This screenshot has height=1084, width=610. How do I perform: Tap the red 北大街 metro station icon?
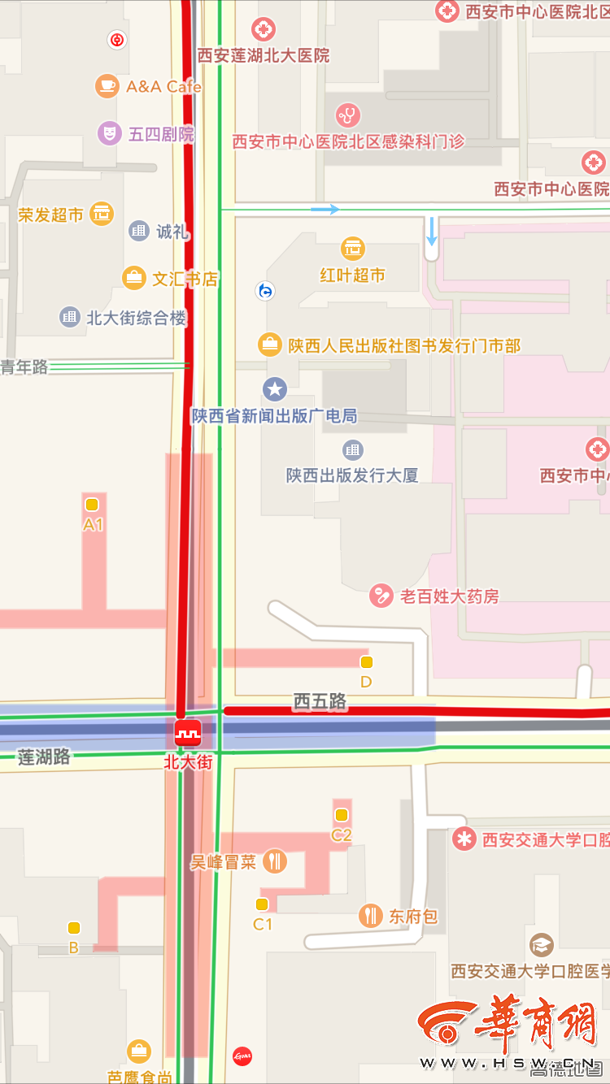click(189, 734)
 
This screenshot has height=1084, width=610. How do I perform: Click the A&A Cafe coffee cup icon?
click(107, 85)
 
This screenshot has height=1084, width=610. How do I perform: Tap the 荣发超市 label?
click(50, 215)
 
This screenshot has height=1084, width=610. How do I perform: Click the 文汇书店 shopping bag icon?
click(133, 278)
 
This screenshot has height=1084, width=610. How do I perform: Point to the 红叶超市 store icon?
click(353, 248)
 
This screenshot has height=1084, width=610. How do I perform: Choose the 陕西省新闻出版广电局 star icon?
click(275, 389)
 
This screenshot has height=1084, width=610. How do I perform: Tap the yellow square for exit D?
click(366, 662)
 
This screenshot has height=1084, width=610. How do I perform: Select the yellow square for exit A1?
click(92, 504)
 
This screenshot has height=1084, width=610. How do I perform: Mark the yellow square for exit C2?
click(342, 814)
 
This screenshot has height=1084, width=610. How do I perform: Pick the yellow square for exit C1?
click(262, 904)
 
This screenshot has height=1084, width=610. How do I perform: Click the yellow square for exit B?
click(74, 928)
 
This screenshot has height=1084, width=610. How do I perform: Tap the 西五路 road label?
click(320, 700)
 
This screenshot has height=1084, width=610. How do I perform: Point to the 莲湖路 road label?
click(45, 757)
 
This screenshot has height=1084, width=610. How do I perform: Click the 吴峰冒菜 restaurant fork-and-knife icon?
click(276, 861)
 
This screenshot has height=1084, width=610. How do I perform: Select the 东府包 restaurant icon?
click(371, 916)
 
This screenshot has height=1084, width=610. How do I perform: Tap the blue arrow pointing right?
click(325, 210)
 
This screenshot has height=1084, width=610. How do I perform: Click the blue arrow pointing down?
click(431, 231)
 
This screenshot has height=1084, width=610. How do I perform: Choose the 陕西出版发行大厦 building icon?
click(352, 449)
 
